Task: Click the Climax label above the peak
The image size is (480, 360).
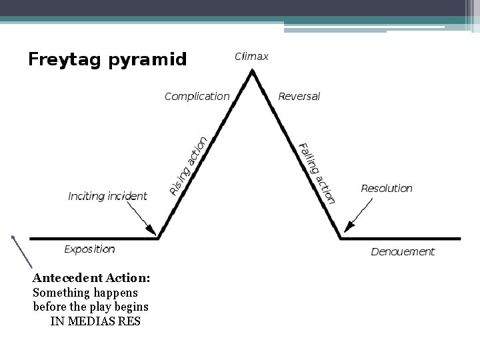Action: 251,57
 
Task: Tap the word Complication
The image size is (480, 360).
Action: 197,97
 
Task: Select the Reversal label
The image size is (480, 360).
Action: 299,97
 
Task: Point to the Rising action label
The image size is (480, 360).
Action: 188,166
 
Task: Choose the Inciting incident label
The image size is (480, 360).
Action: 107,197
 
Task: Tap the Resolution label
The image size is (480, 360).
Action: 387,189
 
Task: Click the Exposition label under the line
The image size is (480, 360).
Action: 89,249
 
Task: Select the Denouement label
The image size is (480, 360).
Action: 403,252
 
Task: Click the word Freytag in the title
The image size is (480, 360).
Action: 63,60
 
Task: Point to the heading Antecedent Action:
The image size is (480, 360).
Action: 91,277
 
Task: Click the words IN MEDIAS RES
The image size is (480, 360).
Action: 95,321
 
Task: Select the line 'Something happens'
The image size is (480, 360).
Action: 85,293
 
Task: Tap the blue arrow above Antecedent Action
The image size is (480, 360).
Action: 21,251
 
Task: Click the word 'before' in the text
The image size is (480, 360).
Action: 49,307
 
